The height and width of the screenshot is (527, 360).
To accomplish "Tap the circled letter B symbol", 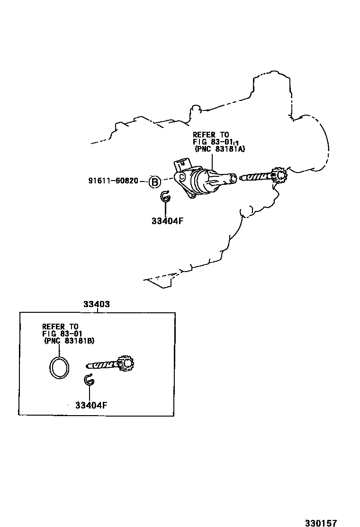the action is tap(154, 181).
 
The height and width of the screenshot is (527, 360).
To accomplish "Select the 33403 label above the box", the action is tap(97, 305).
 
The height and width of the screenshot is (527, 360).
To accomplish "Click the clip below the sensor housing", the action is tap(165, 197).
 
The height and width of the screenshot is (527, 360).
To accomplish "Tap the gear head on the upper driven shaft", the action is tap(279, 176).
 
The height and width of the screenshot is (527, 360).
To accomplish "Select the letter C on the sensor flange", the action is tap(180, 178).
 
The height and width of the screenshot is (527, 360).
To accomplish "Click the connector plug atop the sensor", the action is tap(181, 165).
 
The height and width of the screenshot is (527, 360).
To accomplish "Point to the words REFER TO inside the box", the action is tap(60, 327).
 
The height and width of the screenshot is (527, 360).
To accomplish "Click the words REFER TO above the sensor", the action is tap(210, 135).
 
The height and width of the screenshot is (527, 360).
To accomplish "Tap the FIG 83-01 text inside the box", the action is tap(62, 334).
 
